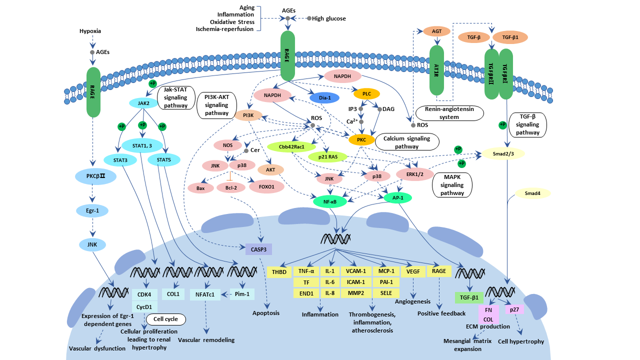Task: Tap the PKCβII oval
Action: [x=95, y=176]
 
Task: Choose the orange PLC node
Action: [x=366, y=93]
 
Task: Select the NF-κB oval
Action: [x=329, y=201]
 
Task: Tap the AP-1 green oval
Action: [x=398, y=198]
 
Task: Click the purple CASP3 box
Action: [x=258, y=248]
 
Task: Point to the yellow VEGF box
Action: [x=412, y=271]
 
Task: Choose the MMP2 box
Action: [x=355, y=293]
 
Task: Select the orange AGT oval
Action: [x=433, y=31]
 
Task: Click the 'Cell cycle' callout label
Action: [x=165, y=318]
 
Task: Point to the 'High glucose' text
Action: [x=328, y=18]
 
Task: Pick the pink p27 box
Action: [x=513, y=309]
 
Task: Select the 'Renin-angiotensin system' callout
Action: [x=452, y=113]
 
